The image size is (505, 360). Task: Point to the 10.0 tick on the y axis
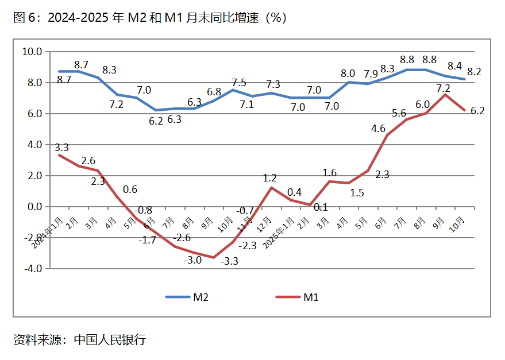tap(32, 52)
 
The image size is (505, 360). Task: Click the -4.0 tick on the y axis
tap(32, 268)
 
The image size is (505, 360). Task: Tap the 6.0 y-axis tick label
tap(35, 114)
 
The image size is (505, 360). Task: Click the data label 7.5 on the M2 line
tap(238, 82)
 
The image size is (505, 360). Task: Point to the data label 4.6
tap(379, 128)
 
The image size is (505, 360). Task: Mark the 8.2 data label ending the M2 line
tap(474, 72)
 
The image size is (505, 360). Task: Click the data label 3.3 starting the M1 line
tap(61, 148)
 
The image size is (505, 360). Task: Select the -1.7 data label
tap(148, 239)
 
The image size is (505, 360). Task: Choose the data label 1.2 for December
tap(270, 178)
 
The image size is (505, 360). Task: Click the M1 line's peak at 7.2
tap(443, 95)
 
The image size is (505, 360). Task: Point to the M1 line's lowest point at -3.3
tap(213, 257)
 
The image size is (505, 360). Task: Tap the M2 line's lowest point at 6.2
tap(156, 110)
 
